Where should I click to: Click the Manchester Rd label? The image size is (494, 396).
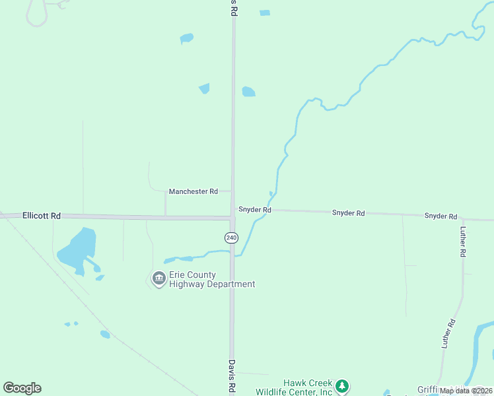[x=193, y=191]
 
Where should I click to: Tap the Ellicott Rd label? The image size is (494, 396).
[x=41, y=216]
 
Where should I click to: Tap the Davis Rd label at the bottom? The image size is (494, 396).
[x=232, y=377]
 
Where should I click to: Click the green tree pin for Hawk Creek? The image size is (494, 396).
[x=341, y=386]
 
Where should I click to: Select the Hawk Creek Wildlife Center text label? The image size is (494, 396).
[x=308, y=387]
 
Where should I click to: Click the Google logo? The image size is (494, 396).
[x=22, y=388]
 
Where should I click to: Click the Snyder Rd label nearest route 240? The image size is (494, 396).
[x=255, y=210]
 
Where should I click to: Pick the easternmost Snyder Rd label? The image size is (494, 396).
[x=441, y=216]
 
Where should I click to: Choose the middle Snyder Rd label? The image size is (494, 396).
[x=348, y=213]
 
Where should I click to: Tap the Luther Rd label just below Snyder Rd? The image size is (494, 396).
[x=463, y=242]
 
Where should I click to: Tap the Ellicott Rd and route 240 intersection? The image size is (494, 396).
[x=232, y=217]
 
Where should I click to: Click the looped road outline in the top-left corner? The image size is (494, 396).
[x=37, y=13]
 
